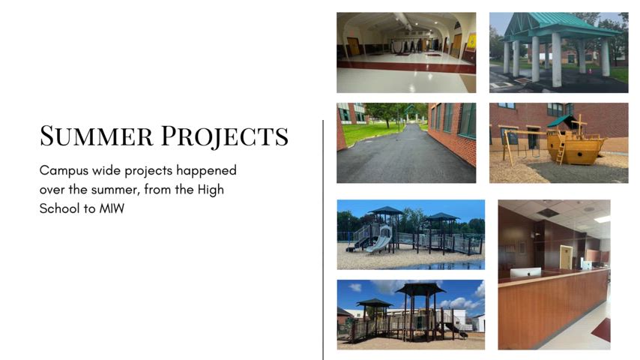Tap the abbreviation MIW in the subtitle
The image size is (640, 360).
pos(112,208)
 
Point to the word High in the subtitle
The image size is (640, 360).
pos(210,190)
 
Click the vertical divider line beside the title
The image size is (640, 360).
pos(323,240)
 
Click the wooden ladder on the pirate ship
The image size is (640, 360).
pos(560,154)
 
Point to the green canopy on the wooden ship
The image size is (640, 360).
pos(558,122)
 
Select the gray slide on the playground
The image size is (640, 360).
pos(378,242)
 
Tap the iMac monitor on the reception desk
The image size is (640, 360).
pos(525,271)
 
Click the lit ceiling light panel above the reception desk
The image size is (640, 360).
pos(602,219)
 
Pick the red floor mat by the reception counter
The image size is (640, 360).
pos(601,329)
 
